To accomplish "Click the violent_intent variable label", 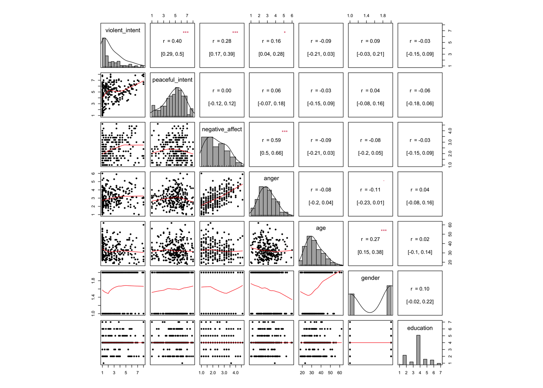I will [x=123, y=30].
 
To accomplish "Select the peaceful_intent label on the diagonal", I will [x=173, y=80].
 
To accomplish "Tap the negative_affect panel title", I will [x=222, y=129].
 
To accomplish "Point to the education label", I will [x=420, y=328].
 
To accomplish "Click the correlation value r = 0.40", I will [x=173, y=41].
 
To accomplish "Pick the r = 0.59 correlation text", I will [x=271, y=140].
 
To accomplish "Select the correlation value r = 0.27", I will [x=370, y=239].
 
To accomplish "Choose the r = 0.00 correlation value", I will [x=222, y=91].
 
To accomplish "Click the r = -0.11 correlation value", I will [x=370, y=190].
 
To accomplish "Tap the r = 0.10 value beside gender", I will [x=420, y=289].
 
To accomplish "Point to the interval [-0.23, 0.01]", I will [x=370, y=203].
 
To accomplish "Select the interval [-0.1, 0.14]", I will [x=420, y=252].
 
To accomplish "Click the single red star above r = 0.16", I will [x=285, y=32].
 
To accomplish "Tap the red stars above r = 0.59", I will [x=285, y=131].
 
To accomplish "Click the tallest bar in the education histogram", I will [x=418, y=350].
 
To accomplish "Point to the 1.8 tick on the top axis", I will [x=383, y=16].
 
